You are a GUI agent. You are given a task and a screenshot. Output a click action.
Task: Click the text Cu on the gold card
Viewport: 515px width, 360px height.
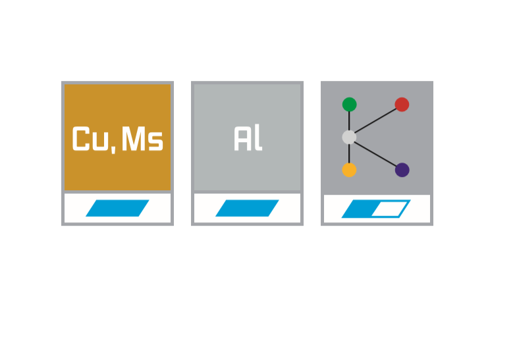tap(90, 139)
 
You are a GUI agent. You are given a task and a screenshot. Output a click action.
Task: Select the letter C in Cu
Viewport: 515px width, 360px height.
tap(81, 139)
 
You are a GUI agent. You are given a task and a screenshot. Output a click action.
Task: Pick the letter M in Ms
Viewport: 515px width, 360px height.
tap(134, 139)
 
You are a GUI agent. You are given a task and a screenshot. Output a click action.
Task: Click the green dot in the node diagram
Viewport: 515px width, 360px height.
tap(349, 105)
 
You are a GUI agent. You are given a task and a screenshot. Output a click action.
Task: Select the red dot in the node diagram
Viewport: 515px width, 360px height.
tap(402, 105)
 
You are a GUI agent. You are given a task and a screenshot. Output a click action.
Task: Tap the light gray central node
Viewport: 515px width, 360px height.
tap(349, 137)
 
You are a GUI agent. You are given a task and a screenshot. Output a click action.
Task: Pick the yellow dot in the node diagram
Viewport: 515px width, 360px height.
tap(349, 170)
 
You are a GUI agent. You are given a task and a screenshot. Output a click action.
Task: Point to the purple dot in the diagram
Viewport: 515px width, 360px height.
tap(402, 170)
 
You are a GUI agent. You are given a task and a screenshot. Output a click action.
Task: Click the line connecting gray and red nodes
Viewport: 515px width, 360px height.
tap(375, 121)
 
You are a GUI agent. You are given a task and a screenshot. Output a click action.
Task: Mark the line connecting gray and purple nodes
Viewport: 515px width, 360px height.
tap(375, 153)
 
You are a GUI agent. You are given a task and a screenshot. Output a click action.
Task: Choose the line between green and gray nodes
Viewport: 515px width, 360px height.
tap(349, 121)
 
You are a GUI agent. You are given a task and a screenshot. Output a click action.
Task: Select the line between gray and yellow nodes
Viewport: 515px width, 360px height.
tap(349, 153)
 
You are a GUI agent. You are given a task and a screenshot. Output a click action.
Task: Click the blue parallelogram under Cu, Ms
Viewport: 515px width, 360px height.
tap(117, 208)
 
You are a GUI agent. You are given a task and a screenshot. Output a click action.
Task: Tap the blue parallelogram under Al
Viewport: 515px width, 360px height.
tap(247, 208)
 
